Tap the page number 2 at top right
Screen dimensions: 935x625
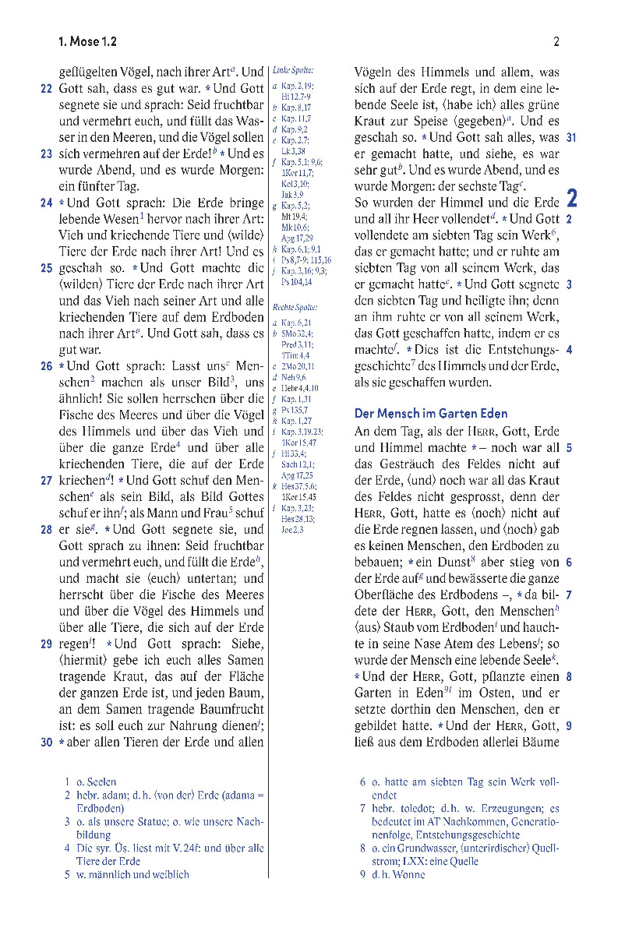556,42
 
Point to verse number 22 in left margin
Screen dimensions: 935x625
46,89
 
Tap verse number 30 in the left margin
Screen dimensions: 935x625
46,743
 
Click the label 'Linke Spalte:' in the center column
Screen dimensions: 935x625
293,70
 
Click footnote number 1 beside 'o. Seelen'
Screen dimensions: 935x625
67,781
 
